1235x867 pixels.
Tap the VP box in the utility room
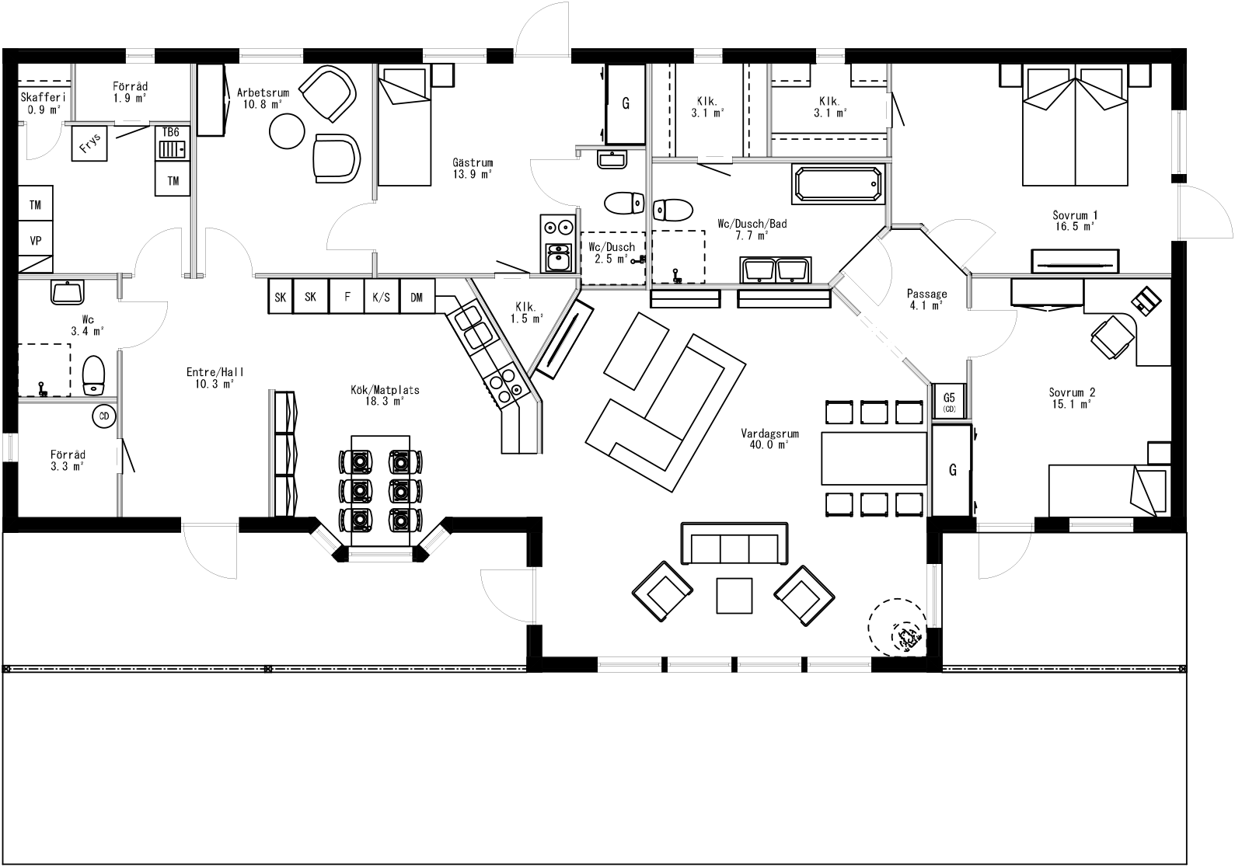(x=36, y=241)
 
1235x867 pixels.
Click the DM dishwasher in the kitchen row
(x=417, y=297)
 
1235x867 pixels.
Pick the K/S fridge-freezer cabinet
(x=381, y=297)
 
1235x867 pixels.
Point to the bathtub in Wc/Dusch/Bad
(x=838, y=183)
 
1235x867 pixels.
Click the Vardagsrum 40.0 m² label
(x=770, y=440)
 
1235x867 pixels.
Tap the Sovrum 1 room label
(x=1075, y=220)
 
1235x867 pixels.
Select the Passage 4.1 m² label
(x=926, y=299)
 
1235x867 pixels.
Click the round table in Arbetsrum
(x=288, y=131)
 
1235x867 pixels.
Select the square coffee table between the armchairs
(x=734, y=595)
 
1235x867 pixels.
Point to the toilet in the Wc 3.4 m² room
(x=93, y=375)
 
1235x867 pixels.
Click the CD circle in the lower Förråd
(x=104, y=417)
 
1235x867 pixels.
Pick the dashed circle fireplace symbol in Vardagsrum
(x=896, y=627)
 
